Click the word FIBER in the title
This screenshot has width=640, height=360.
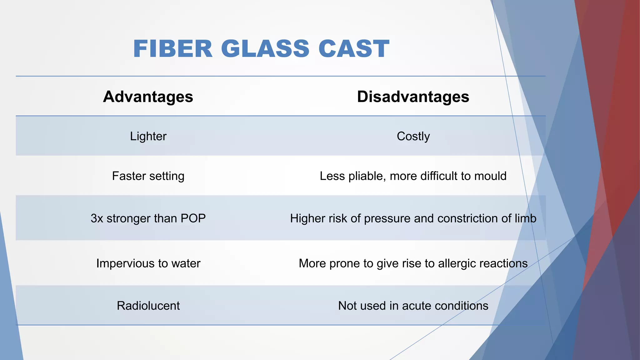[173, 49]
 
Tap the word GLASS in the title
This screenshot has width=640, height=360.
[265, 49]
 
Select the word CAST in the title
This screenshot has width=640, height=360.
[354, 49]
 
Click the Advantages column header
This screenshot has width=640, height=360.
[148, 97]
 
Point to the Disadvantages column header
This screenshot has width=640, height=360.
[413, 97]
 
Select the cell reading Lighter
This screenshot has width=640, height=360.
[148, 137]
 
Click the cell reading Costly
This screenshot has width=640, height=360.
[413, 137]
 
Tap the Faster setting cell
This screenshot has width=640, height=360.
[148, 176]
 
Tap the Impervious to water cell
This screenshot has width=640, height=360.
[148, 263]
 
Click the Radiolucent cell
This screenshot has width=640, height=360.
[148, 306]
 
